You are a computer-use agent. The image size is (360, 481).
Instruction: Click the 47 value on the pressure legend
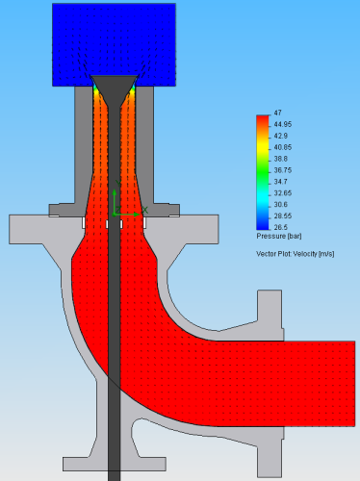[x=278, y=113]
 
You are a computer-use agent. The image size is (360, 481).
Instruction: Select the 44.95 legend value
[x=283, y=124]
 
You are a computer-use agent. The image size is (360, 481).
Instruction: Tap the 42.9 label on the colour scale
[x=281, y=136]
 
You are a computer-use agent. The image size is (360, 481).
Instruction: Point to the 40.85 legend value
[x=283, y=147]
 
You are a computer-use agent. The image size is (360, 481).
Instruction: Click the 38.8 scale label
[x=281, y=159]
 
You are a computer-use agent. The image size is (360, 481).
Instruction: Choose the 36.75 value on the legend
[x=283, y=170]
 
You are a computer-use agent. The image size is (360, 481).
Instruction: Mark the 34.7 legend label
[x=281, y=182]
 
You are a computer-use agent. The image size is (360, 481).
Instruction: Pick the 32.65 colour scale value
[x=283, y=193]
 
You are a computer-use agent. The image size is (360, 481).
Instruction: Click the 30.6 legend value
[x=281, y=205]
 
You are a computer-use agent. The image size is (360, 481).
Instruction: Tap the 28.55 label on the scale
[x=283, y=215]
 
